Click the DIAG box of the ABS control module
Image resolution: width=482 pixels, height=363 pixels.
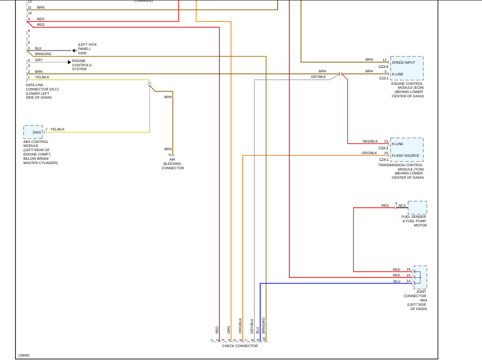33,132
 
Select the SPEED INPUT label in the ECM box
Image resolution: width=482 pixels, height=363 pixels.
404,62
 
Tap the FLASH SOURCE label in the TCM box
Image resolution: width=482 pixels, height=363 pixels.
405,155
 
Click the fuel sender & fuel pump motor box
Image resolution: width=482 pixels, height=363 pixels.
417,208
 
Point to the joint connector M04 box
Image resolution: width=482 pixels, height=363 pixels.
420,277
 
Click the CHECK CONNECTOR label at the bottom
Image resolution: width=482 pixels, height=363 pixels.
240,346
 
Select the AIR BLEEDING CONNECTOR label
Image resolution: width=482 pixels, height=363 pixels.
172,164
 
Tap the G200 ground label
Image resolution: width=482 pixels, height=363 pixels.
82,53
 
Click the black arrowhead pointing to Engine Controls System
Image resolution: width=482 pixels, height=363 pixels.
69,62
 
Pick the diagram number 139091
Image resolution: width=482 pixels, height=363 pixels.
24,356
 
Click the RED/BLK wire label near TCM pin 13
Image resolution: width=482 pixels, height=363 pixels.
370,141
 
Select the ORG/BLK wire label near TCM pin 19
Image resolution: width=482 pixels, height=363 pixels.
369,153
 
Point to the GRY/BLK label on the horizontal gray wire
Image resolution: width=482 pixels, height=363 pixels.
318,77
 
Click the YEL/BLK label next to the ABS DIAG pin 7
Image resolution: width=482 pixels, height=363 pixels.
57,129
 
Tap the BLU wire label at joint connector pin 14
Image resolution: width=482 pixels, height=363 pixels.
397,281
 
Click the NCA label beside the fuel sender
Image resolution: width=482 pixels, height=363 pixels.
402,205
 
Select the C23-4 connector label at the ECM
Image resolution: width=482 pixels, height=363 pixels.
383,66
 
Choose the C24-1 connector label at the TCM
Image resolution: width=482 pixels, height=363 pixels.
383,159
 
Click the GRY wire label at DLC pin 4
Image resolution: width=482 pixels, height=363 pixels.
39,60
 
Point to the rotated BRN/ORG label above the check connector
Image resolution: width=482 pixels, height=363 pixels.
263,325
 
